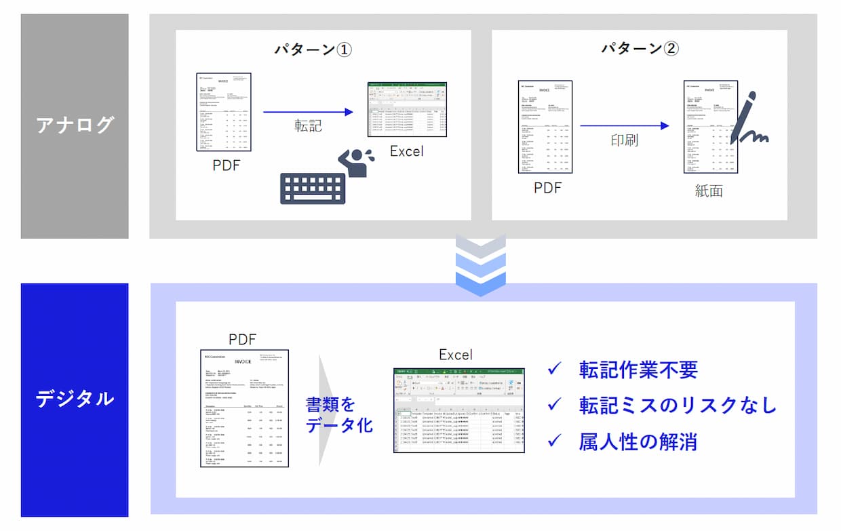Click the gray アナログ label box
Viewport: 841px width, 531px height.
(x=75, y=126)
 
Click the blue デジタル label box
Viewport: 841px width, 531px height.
(x=75, y=399)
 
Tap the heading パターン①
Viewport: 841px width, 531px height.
(x=313, y=50)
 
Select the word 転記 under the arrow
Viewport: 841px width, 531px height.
(x=308, y=125)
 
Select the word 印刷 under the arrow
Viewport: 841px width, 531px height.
(x=624, y=140)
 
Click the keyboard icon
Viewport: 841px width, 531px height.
(x=313, y=188)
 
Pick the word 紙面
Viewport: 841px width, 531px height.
(x=709, y=191)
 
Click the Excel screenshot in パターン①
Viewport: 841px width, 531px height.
(x=407, y=109)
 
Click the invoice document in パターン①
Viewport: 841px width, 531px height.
(x=224, y=112)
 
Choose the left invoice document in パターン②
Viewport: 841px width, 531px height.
(x=545, y=127)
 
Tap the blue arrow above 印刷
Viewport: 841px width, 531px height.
(x=624, y=125)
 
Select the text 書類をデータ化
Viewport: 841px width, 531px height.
(x=339, y=414)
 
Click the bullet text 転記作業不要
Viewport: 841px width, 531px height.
(x=638, y=370)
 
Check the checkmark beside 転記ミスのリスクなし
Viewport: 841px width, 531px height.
(x=555, y=405)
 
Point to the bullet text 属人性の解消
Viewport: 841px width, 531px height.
(x=638, y=441)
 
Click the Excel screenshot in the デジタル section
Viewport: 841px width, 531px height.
(x=458, y=410)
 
